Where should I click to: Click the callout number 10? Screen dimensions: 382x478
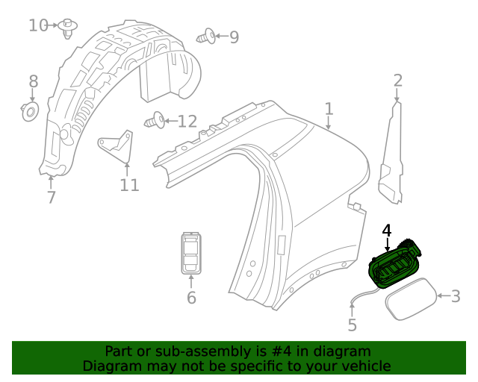pyautogui.click(x=37, y=25)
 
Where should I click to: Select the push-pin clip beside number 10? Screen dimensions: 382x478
pyautogui.click(x=69, y=28)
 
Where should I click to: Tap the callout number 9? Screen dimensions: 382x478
pyautogui.click(x=234, y=37)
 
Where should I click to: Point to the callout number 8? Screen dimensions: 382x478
pyautogui.click(x=33, y=81)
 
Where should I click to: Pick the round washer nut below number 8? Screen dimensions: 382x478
pyautogui.click(x=31, y=113)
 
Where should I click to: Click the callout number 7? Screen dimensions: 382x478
pyautogui.click(x=51, y=198)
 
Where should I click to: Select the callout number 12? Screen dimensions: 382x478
pyautogui.click(x=187, y=121)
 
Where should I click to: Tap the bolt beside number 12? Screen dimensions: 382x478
pyautogui.click(x=155, y=119)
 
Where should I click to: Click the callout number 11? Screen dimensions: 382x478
pyautogui.click(x=129, y=184)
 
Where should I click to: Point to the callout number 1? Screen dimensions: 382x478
pyautogui.click(x=329, y=110)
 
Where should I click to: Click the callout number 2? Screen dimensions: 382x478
pyautogui.click(x=398, y=81)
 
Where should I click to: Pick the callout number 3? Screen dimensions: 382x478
pyautogui.click(x=454, y=296)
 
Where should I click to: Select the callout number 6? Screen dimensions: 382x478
pyautogui.click(x=191, y=298)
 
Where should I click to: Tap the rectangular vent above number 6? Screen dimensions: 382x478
pyautogui.click(x=190, y=253)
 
